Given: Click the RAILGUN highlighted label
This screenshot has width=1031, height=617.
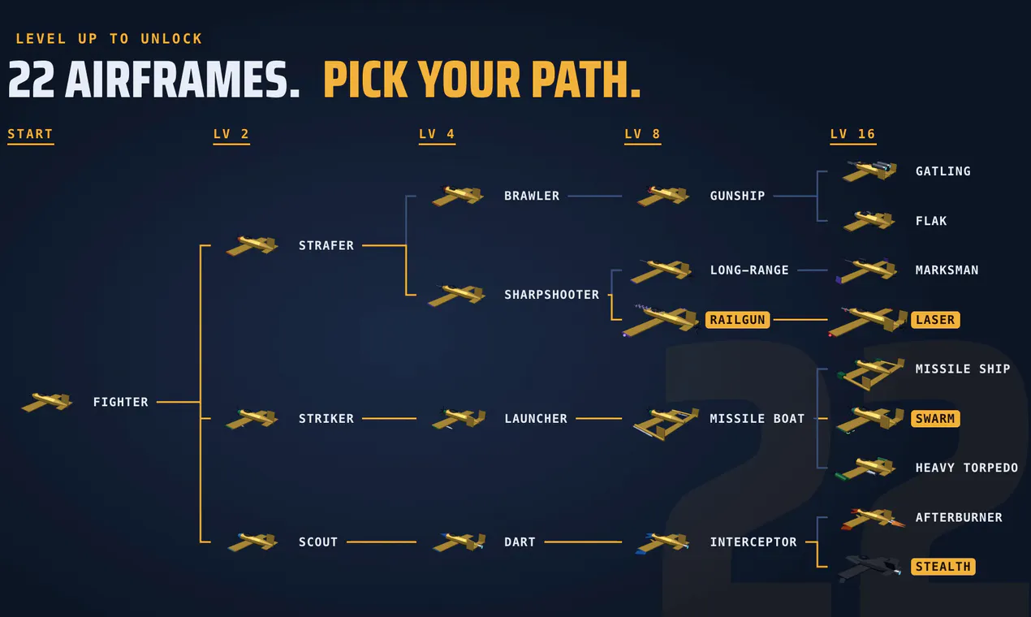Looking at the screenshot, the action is click(737, 320).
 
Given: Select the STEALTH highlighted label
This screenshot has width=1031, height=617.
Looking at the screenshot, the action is click(943, 567).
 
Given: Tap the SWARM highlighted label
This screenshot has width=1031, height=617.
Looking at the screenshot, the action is click(935, 419).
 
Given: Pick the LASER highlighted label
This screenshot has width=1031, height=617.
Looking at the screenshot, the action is click(935, 320).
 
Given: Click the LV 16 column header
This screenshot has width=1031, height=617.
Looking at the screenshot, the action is click(853, 134).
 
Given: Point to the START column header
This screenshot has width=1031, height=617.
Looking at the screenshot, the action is click(30, 134).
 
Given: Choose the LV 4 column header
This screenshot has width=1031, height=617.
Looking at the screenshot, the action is click(437, 134).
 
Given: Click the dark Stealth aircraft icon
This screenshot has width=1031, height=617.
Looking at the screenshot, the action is click(869, 568).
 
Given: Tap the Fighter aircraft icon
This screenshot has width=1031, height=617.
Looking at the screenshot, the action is click(47, 402).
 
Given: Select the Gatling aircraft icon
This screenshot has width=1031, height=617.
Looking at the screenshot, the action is click(869, 170).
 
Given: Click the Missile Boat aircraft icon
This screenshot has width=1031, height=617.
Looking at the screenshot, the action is click(666, 423).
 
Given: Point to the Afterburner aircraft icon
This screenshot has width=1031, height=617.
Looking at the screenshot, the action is click(872, 519).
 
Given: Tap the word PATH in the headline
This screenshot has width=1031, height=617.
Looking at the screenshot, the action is click(586, 80).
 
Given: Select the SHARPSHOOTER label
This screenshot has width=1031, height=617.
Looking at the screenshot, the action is click(552, 295).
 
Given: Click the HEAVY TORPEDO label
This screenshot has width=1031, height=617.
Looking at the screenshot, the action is click(967, 468).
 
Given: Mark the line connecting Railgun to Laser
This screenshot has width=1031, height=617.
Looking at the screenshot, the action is click(800, 319).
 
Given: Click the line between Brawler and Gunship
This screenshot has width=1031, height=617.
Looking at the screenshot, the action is click(595, 196).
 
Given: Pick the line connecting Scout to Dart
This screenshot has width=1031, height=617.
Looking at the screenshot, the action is click(381, 542).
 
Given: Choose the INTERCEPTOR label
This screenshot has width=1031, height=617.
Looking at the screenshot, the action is click(753, 542).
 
